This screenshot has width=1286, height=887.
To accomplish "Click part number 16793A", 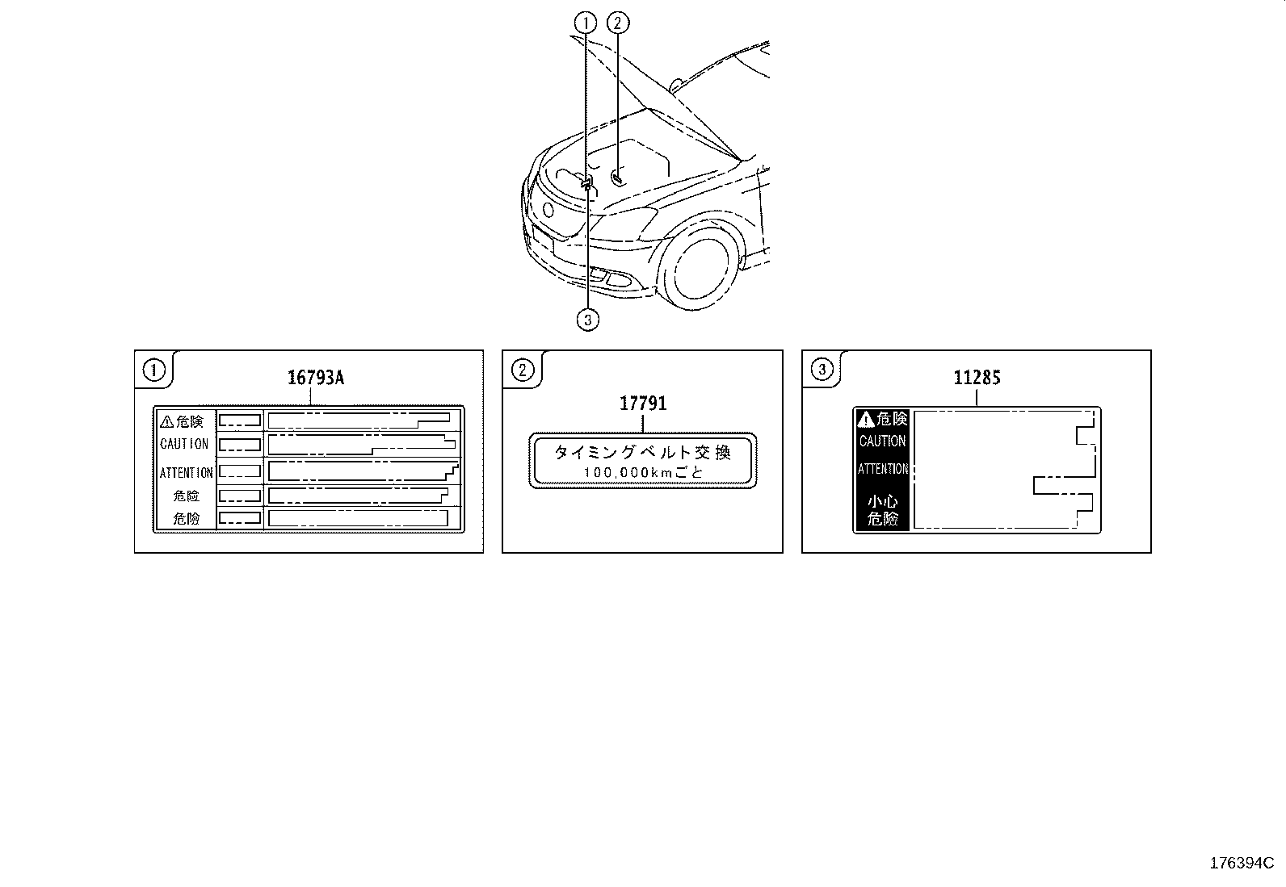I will coord(316,377).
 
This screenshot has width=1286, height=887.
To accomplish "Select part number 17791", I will coord(643,403).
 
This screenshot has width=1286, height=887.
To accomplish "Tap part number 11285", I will coord(977,377).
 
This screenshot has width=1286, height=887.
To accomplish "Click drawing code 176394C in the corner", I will coord(1242,863).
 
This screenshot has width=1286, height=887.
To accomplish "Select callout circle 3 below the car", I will coord(588,320).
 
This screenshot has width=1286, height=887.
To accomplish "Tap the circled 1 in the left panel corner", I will coord(153,370).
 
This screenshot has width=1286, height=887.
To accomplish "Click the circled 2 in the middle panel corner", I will coord(523,370).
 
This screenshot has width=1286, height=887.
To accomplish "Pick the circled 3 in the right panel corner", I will coord(822,370).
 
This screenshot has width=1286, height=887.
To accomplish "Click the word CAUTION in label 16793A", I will coord(184,444).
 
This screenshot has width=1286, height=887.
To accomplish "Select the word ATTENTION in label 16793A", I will coord(186,473).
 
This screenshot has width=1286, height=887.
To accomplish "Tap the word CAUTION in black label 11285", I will coord(882,441).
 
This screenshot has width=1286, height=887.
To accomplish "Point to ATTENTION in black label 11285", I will coord(882,469).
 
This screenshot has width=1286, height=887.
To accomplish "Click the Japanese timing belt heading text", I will coord(642,453).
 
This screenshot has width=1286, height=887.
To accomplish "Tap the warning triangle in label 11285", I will coord(866,419).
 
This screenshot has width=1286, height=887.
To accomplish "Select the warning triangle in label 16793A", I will coord(167,421).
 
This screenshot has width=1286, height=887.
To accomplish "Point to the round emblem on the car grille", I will coord(549,212).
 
